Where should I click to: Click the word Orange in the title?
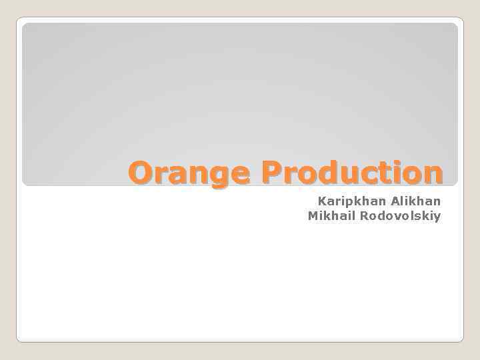pyautogui.click(x=189, y=173)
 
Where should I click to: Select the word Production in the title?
pyautogui.click(x=352, y=173)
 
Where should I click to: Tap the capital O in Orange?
pyautogui.click(x=141, y=173)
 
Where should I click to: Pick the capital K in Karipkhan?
pyautogui.click(x=322, y=201)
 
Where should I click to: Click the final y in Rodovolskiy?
pyautogui.click(x=437, y=218)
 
